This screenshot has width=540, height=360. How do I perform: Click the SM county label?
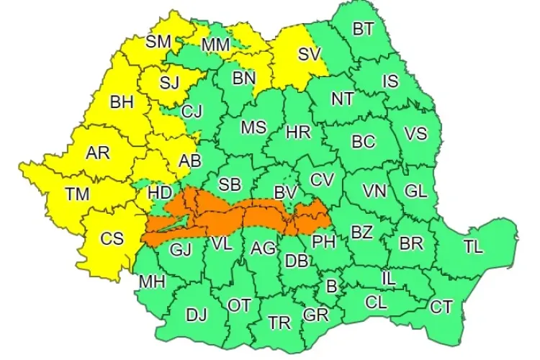[x=158, y=42]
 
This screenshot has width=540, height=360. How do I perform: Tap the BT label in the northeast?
[x=364, y=30]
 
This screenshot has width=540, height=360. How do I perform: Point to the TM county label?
[x=78, y=194]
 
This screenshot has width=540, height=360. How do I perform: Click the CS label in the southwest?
[x=112, y=238]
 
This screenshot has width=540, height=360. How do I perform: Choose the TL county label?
[x=472, y=246]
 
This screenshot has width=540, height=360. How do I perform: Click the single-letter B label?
[x=332, y=286]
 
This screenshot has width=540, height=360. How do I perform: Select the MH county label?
[x=152, y=282]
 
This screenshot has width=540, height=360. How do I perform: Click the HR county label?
[x=298, y=133]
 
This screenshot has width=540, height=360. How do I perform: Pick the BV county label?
[x=287, y=192]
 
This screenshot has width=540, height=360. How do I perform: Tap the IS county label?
[x=390, y=81]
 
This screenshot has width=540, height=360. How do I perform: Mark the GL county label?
[x=415, y=191]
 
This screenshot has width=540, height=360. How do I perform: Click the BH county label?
[x=122, y=102]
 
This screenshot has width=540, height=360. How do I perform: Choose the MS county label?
[x=253, y=127]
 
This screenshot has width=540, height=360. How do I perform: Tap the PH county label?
[x=324, y=242]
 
